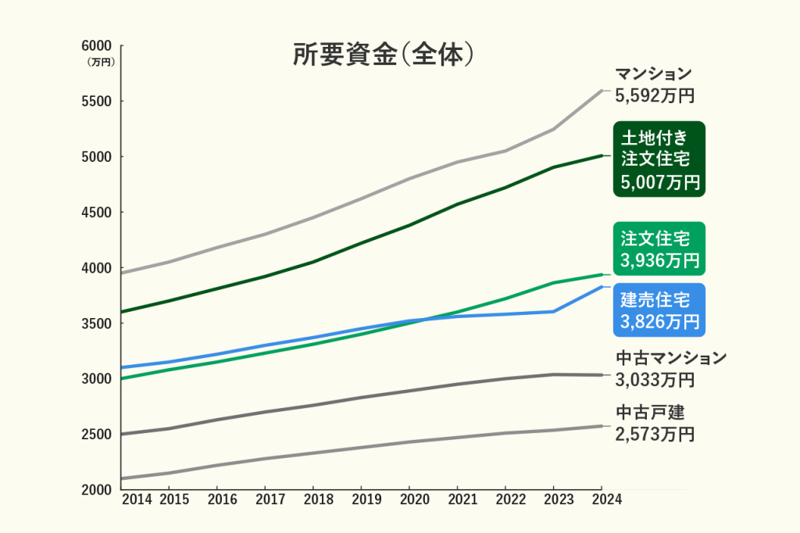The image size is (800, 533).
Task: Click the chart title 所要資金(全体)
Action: pos(384,55)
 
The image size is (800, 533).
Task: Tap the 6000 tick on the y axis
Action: pos(98,46)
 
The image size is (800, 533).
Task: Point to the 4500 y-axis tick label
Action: pos(98,213)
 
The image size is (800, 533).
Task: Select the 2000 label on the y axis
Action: pos(98,490)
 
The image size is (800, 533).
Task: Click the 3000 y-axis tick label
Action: pos(98,379)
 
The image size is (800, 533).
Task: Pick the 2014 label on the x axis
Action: pos(137,500)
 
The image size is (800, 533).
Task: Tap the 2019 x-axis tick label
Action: pos(366,500)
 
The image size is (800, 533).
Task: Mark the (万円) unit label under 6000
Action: pos(101,62)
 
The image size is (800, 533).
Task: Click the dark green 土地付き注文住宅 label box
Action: pos(659,159)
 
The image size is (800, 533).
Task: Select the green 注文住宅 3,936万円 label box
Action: pos(659,249)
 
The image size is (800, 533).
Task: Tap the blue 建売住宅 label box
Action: pos(659,309)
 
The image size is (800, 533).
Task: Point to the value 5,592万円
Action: pos(655,96)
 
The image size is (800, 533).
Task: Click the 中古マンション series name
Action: pos(671,359)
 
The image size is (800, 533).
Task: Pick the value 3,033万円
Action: pos(655,381)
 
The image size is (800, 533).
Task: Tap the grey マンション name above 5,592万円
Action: pos(653,74)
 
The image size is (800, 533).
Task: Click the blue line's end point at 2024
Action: pos(602,287)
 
